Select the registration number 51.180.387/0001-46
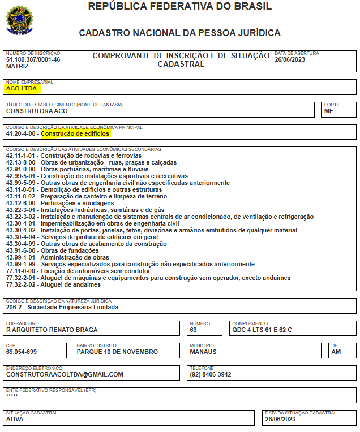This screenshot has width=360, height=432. tap(33, 59)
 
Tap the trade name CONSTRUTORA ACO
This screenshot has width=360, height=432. tap(37, 111)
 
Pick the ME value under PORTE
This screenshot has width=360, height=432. tap(329, 111)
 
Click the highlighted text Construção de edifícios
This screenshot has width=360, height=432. tap(75, 134)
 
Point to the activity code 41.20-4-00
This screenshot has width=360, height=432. tap(21, 134)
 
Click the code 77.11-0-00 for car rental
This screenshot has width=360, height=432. tap(21, 271)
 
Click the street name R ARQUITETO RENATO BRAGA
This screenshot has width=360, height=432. tap(52, 330)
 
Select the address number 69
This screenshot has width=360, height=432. tap(193, 330)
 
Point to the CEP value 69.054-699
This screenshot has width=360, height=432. tap(22, 352)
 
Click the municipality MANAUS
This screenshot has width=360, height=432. tap(203, 352)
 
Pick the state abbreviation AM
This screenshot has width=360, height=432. tap(336, 352)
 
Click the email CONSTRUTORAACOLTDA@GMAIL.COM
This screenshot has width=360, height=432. tap(65, 374)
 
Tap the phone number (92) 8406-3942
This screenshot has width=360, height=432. tap(210, 374)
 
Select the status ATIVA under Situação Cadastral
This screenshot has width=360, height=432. tap(15, 419)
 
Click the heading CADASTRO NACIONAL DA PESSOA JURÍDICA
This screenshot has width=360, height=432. tap(180, 33)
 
